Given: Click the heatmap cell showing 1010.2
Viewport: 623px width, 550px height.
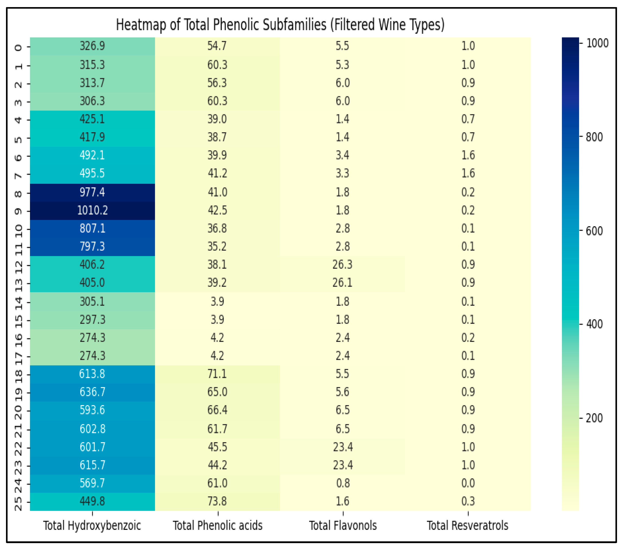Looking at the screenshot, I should tap(92, 210).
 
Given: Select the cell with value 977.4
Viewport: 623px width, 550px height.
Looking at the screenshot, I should tap(92, 192).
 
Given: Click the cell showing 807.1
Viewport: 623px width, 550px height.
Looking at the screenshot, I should tap(92, 228).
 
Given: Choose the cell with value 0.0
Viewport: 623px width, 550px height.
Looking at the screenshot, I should tap(468, 483).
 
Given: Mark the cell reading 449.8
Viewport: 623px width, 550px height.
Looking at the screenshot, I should tap(92, 501).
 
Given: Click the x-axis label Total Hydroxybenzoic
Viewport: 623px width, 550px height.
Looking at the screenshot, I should tap(92, 525).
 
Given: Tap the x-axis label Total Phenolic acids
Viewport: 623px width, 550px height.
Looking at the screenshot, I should tap(218, 525).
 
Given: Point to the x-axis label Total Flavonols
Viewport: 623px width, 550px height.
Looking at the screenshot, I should tap(343, 525).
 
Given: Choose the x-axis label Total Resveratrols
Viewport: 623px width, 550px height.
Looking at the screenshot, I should tap(468, 525).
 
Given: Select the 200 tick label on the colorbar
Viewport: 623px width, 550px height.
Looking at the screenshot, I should tap(594, 418).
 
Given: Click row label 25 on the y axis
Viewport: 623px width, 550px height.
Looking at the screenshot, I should tap(18, 503).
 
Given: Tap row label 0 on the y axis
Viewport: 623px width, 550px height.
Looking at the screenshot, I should tap(18, 47).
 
